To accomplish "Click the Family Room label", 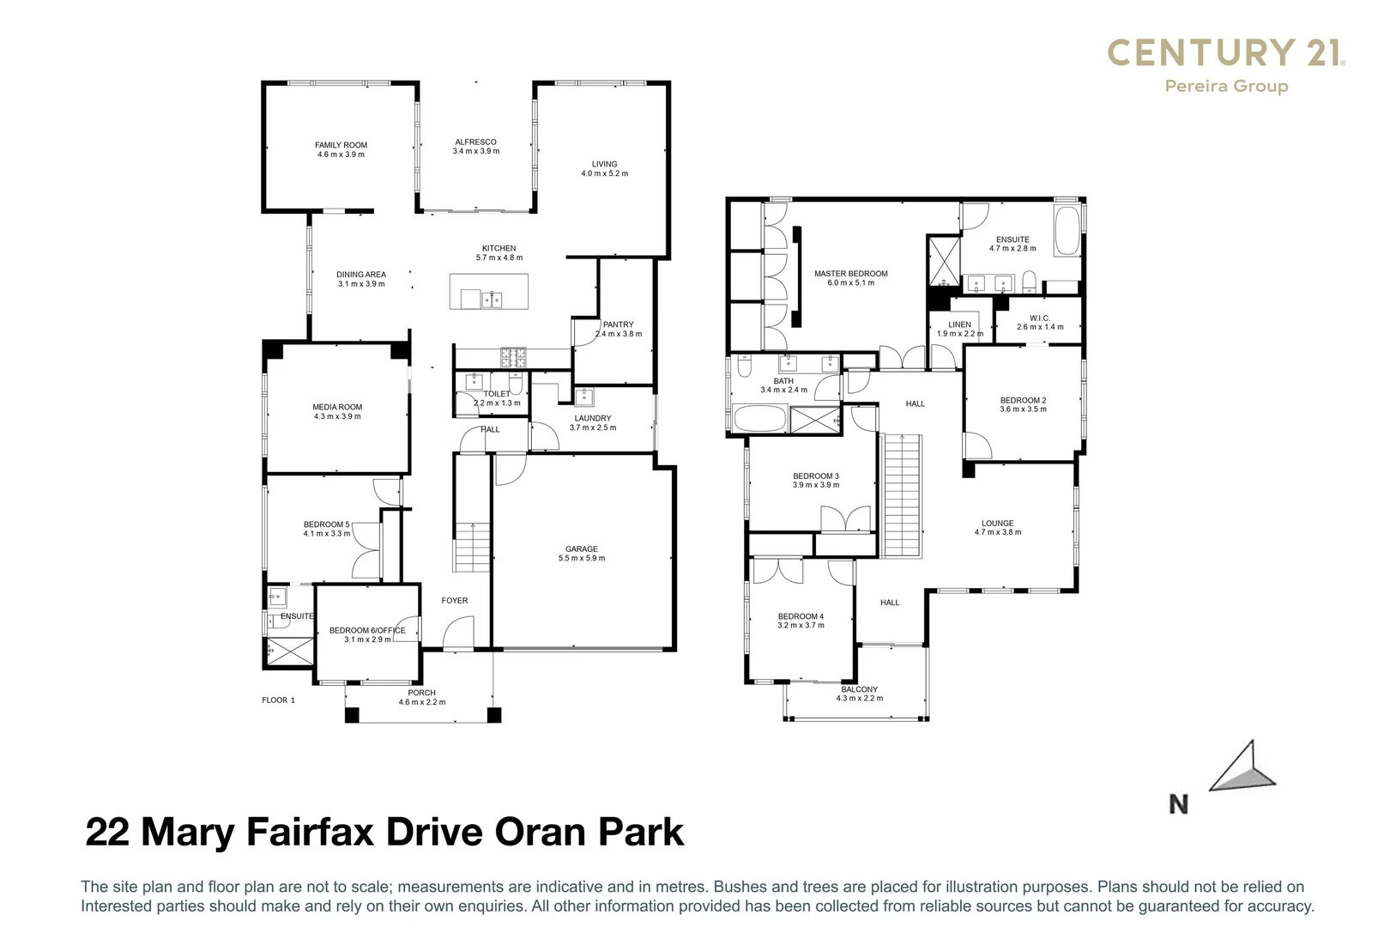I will click(x=341, y=145).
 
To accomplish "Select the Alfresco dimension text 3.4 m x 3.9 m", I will click(x=475, y=152).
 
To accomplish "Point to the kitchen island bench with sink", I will click(x=488, y=292).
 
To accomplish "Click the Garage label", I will click(x=581, y=549).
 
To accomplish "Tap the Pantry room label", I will click(x=618, y=324).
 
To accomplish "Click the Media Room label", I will click(x=337, y=407).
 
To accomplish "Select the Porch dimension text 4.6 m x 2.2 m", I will click(x=421, y=702).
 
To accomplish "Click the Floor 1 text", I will click(x=278, y=700).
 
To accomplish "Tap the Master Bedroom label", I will click(x=850, y=274).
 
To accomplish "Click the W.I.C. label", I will click(x=1039, y=318).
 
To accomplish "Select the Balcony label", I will click(x=859, y=689).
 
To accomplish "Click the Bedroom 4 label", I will click(x=801, y=616).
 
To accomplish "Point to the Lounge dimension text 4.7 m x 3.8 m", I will click(x=997, y=532).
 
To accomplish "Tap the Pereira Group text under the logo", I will click(x=1225, y=86).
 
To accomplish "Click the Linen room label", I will click(x=959, y=324).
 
